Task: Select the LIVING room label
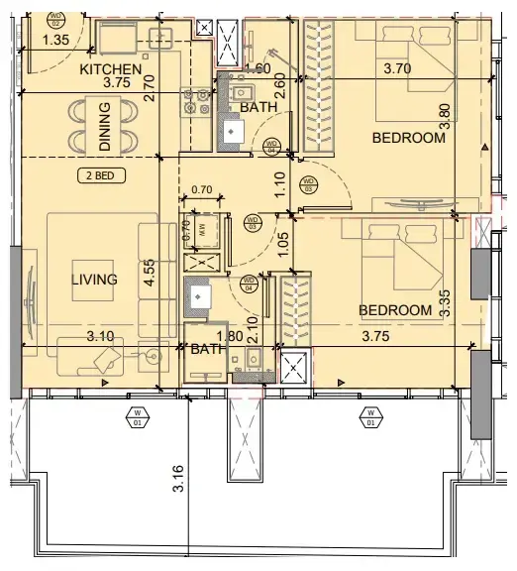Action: pos(94,280)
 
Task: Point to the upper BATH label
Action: pos(258,106)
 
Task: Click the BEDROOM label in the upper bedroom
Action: pos(409,138)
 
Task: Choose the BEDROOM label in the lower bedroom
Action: pos(395,310)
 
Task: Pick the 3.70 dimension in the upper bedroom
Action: pos(403,68)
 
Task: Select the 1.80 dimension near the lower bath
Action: pos(230,337)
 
